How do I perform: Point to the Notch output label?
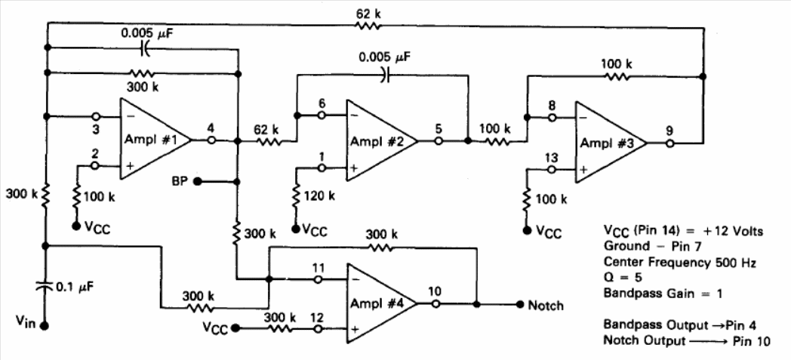pos(546,305)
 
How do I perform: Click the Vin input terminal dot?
pos(45,326)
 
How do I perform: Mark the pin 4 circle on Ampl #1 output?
pos(212,140)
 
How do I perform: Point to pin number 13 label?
pos(552,158)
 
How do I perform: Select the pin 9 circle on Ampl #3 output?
pos(669,143)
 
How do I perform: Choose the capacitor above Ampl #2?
pos(385,75)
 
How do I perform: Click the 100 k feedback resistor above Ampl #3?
pos(615,77)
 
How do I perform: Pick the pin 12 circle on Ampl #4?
pos(318,329)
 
